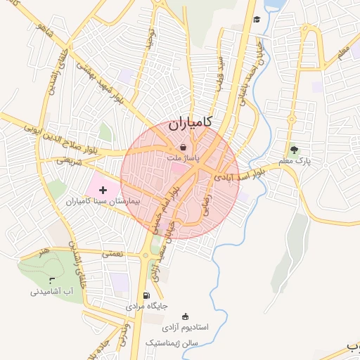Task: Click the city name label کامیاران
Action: click(x=191, y=125)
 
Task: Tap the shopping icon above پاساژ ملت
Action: click(x=184, y=148)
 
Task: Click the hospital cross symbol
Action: click(x=104, y=189)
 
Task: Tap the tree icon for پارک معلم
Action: click(x=294, y=150)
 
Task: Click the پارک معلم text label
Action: click(x=294, y=161)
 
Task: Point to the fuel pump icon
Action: click(x=146, y=295)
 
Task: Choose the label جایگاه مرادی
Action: click(x=147, y=307)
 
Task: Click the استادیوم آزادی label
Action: click(x=185, y=328)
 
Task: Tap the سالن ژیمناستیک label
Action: click(x=173, y=342)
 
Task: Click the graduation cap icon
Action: click(x=257, y=19)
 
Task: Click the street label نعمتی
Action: click(x=112, y=252)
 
